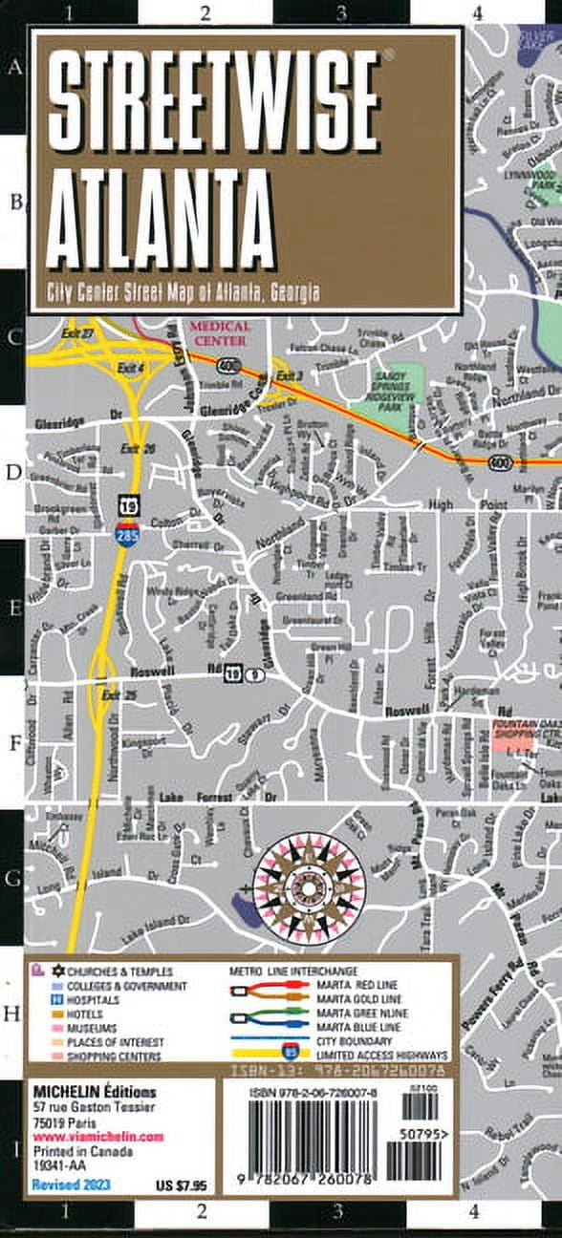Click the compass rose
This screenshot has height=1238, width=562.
(x=308, y=886)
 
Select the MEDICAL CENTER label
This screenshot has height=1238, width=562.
(x=220, y=333)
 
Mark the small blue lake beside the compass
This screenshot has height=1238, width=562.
(x=247, y=910)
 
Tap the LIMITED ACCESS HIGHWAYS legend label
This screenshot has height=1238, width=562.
(x=388, y=1056)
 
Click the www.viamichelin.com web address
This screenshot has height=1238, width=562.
(x=98, y=1138)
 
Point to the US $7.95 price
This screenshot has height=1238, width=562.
(x=181, y=1185)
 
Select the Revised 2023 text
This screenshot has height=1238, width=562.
(x=71, y=1185)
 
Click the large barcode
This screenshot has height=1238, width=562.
(x=308, y=1142)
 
